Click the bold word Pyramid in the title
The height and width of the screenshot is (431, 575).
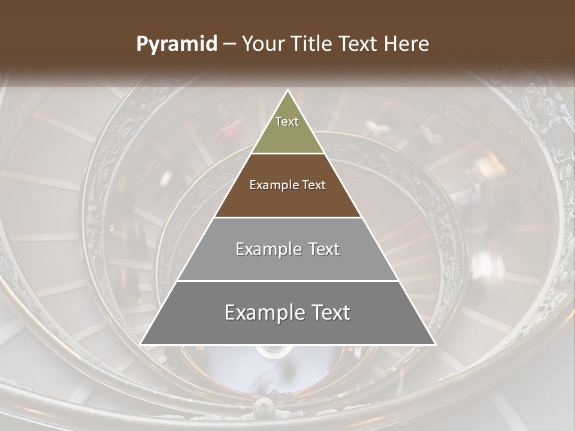[x=177, y=44]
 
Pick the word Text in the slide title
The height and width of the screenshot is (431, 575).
[x=360, y=44]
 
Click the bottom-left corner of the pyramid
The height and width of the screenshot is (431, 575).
[x=140, y=344]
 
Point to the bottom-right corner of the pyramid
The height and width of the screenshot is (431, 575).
[x=435, y=344]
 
